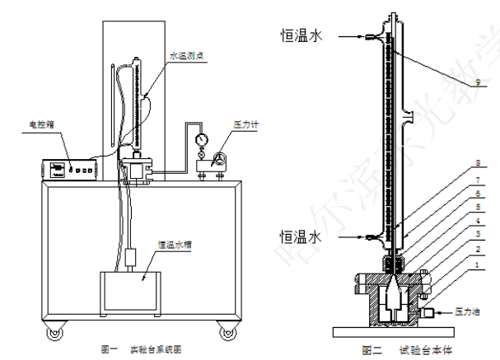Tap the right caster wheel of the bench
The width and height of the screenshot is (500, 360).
pyautogui.click(x=226, y=332)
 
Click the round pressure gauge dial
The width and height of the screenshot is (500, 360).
pyautogui.click(x=200, y=140)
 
